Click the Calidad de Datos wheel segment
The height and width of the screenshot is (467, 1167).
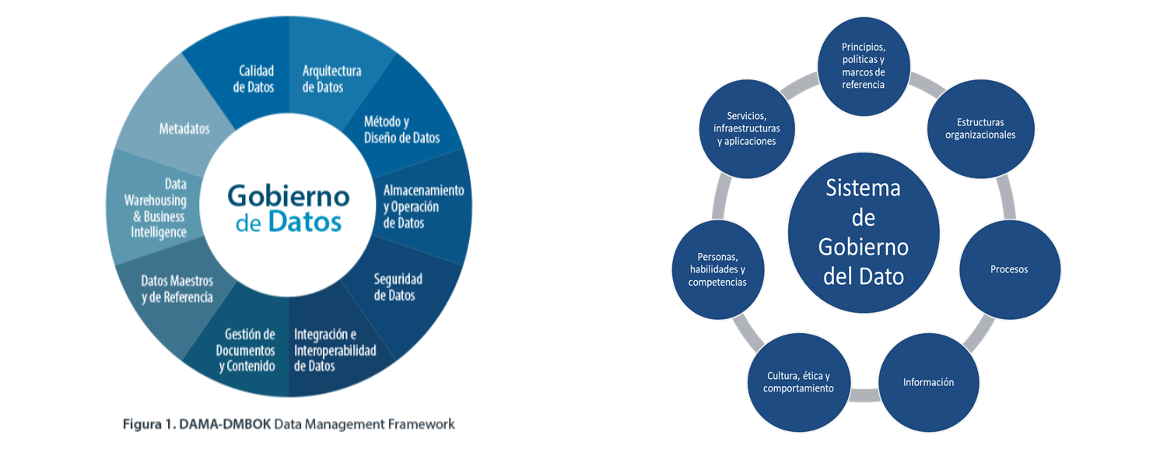(254, 79)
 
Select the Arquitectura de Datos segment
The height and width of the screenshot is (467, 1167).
(331, 79)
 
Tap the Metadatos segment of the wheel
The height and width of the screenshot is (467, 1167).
(184, 128)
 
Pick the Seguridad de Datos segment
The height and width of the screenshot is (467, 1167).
(398, 286)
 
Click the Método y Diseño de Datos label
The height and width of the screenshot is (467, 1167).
(401, 129)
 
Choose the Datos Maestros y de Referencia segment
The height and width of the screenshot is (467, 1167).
(177, 288)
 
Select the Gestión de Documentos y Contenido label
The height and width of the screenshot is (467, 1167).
(246, 349)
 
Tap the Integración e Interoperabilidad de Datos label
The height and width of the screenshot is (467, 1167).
(335, 349)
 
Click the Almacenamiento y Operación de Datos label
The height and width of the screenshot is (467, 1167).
(423, 206)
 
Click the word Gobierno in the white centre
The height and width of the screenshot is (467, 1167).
(288, 195)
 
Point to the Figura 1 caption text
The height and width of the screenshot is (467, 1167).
(289, 424)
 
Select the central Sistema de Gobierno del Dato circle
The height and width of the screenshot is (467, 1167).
(864, 232)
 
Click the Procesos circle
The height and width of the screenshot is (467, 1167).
(1009, 269)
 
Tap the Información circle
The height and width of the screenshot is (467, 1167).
(928, 382)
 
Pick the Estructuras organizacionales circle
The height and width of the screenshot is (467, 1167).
(980, 128)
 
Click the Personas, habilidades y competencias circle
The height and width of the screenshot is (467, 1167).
(717, 269)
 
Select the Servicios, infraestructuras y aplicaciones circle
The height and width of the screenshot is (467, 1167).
(746, 128)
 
